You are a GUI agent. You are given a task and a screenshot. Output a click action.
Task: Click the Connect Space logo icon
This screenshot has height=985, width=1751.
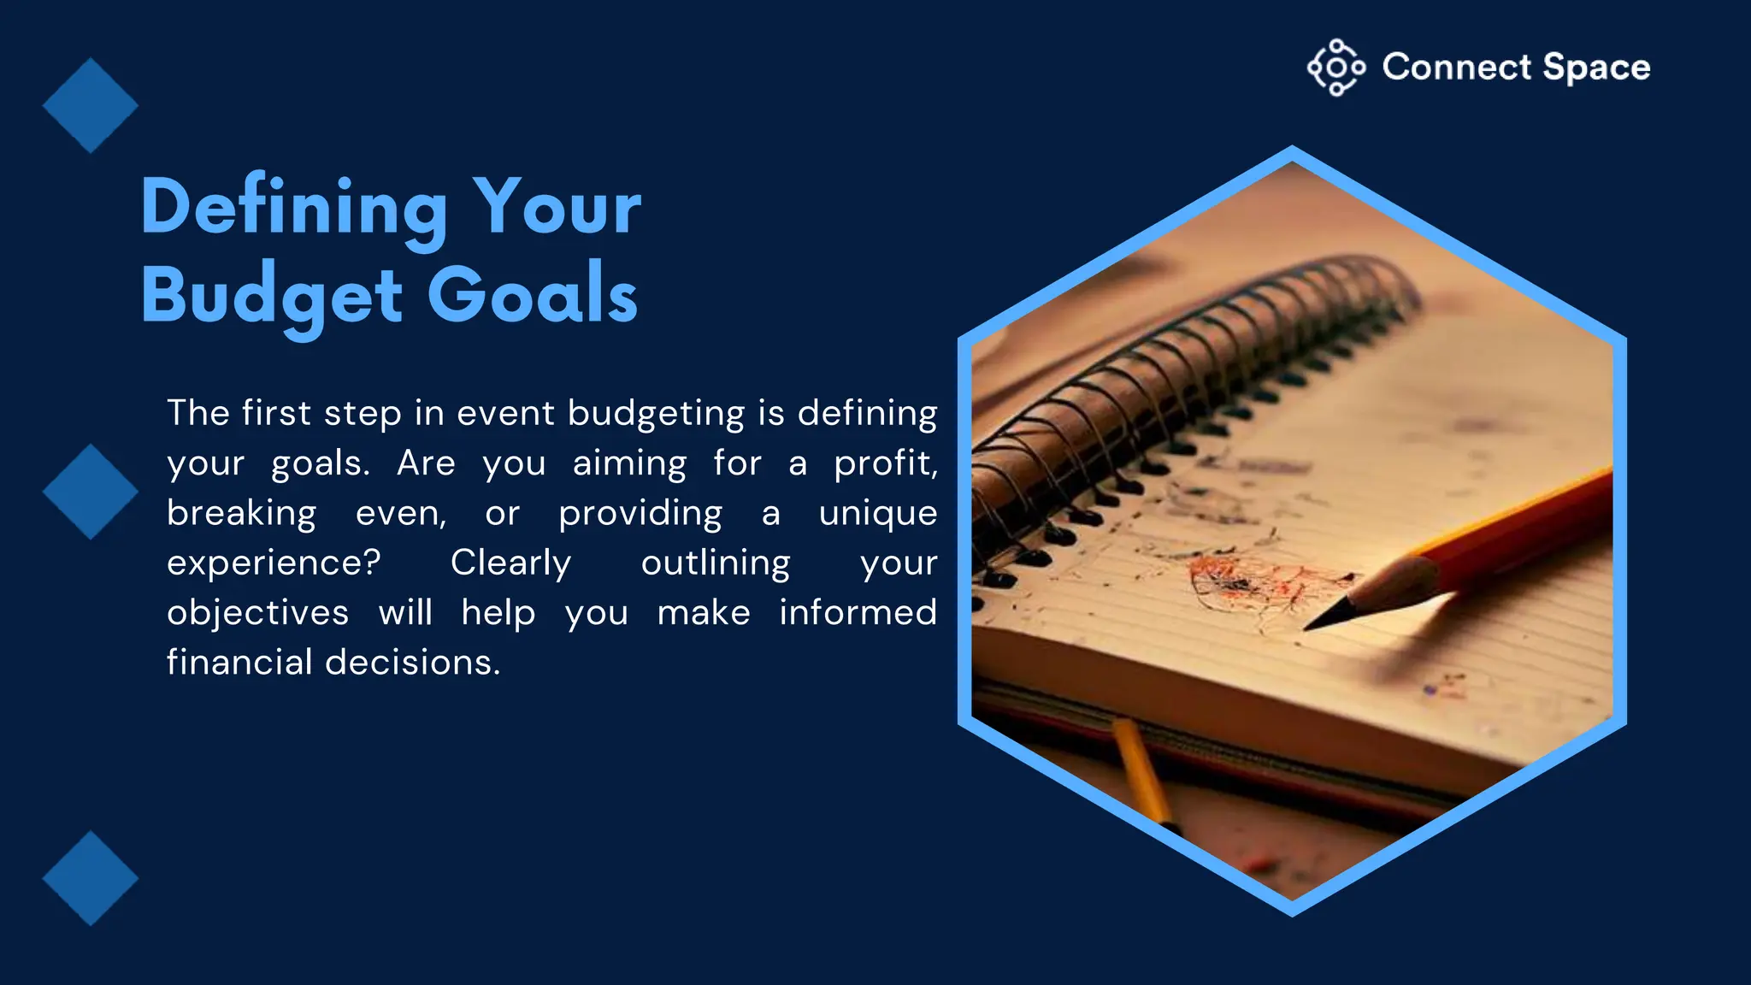(1335, 68)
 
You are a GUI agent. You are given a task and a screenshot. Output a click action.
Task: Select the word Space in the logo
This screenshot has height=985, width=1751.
(1596, 68)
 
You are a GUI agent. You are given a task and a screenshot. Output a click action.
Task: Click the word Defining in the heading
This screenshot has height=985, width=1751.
(293, 208)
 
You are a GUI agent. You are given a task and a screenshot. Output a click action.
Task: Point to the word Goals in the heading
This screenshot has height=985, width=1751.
(532, 295)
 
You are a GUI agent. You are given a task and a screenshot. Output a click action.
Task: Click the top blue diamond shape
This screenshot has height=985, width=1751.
(90, 106)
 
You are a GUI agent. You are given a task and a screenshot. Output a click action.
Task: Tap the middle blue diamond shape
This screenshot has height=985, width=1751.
(90, 492)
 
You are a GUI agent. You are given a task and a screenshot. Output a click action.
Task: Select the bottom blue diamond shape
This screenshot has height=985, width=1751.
(90, 878)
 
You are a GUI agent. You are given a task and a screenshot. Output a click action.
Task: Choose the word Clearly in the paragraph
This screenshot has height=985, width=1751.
(510, 563)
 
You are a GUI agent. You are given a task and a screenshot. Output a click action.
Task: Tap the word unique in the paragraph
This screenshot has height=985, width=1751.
(877, 514)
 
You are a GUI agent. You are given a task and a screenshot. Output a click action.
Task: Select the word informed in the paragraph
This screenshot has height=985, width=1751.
(858, 613)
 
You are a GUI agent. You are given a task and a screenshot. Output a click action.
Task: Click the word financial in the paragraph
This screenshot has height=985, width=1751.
(239, 663)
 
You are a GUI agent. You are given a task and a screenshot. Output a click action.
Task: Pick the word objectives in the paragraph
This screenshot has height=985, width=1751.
(257, 613)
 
